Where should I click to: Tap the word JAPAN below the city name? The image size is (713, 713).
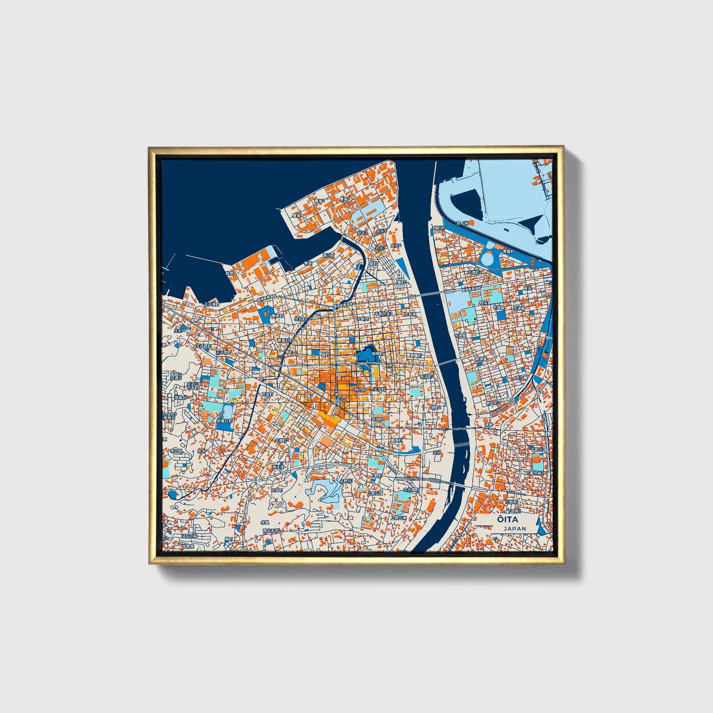coord(515,528)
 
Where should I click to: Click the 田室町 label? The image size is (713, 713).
coord(267,395)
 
